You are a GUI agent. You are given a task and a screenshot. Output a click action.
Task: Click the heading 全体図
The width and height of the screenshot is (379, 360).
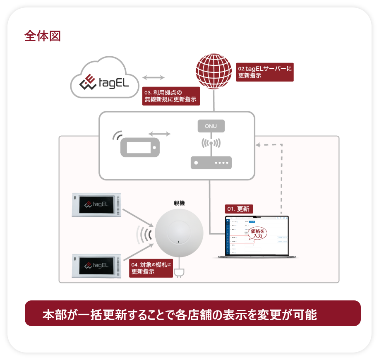[43, 36]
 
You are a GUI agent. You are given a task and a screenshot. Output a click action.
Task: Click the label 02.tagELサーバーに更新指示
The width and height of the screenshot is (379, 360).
[265, 72]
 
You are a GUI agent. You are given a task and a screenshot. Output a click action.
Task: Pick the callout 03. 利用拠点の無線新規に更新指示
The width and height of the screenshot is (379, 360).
[170, 96]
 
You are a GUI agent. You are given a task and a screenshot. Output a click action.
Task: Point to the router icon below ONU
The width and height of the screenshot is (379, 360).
[211, 163]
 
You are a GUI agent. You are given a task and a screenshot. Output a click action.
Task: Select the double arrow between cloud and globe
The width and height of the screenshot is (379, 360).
[154, 77]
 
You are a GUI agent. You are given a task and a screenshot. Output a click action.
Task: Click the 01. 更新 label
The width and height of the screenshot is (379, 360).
[239, 209]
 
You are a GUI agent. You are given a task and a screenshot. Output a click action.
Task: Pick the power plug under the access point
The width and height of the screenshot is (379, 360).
[179, 273]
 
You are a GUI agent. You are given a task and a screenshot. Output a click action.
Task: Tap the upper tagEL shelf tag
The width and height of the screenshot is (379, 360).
[96, 204]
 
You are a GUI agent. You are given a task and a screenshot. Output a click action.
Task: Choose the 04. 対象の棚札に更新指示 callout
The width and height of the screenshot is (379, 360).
[151, 268]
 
